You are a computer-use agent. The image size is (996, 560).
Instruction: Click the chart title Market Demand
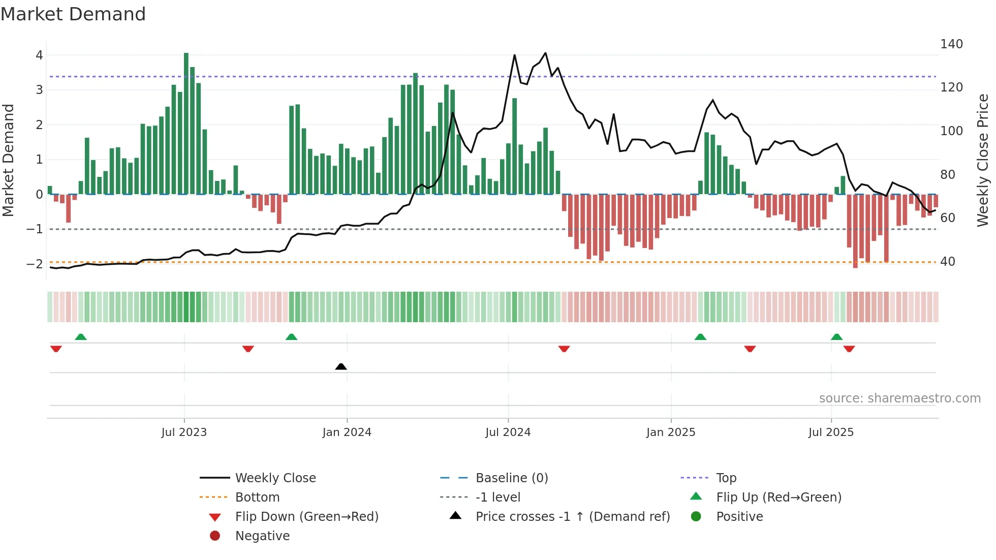pyautogui.click(x=73, y=14)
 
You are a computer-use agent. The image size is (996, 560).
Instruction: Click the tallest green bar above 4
pyautogui.click(x=186, y=122)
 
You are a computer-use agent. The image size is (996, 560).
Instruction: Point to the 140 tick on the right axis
pyautogui.click(x=951, y=44)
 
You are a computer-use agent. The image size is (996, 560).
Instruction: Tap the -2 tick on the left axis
pyautogui.click(x=35, y=264)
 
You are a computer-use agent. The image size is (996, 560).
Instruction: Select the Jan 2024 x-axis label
pyautogui.click(x=347, y=432)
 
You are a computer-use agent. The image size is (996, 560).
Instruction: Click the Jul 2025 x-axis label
pyautogui.click(x=831, y=432)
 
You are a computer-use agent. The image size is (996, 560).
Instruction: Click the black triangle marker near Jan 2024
pyautogui.click(x=341, y=366)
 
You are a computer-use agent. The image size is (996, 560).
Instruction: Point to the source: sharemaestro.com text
pyautogui.click(x=899, y=398)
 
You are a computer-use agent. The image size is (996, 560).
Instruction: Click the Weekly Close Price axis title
pyautogui.click(x=983, y=160)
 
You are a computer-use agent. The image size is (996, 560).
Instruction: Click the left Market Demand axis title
pyautogui.click(x=8, y=160)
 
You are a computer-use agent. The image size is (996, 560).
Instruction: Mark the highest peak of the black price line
pyautogui.click(x=545, y=53)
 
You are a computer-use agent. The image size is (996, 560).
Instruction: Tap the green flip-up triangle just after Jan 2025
pyautogui.click(x=700, y=337)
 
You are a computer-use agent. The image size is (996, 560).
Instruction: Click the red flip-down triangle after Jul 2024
pyautogui.click(x=564, y=349)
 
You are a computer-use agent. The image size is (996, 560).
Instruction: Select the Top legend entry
pyautogui.click(x=726, y=478)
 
